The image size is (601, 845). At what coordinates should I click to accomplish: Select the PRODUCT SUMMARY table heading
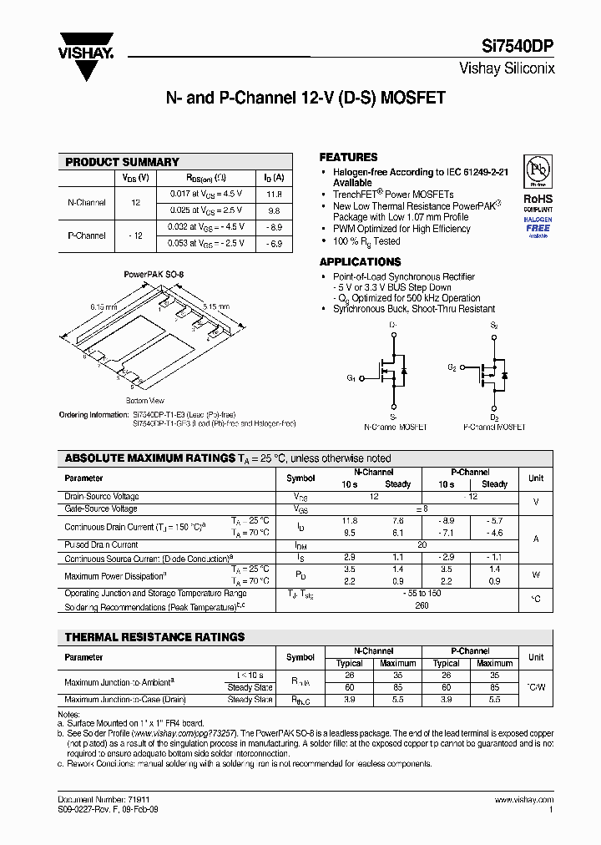pos(122,162)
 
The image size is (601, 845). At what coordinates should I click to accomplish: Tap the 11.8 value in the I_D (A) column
pos(273,193)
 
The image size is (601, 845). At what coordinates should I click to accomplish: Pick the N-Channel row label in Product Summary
pos(86,202)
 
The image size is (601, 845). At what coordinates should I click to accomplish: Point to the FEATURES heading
pos(348,157)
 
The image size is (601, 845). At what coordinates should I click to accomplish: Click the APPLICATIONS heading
pos(360,261)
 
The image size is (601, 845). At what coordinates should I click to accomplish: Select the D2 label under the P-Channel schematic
pos(494,417)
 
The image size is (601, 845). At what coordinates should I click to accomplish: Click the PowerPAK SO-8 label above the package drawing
pos(154,274)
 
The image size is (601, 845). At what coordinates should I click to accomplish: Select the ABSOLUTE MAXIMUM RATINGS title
pos(149,458)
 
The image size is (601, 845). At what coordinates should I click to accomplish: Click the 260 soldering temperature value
pos(422,605)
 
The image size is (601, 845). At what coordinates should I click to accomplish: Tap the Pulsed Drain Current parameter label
pos(101,544)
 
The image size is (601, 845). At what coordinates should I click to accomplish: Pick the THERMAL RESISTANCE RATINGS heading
pos(154,637)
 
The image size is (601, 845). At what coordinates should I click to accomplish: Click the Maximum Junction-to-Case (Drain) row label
pos(125,699)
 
